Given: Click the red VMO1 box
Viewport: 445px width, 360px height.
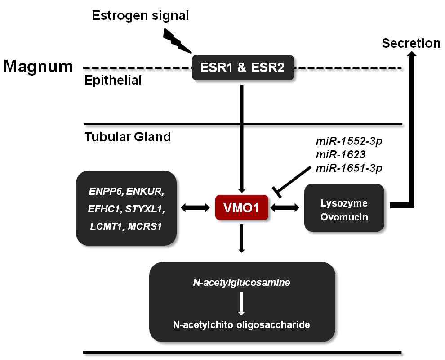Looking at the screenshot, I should [x=242, y=208].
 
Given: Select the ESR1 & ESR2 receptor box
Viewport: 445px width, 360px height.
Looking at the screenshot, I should [x=243, y=68].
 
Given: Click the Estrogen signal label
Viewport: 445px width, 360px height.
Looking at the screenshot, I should [x=140, y=16].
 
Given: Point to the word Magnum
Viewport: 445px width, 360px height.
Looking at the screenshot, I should [x=38, y=67].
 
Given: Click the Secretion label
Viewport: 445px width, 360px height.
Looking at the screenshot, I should [x=411, y=43].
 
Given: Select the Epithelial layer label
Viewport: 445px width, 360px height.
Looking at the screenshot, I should [x=113, y=81].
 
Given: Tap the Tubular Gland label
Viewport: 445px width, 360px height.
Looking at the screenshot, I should [x=128, y=136].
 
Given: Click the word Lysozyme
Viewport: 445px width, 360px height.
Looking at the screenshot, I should [x=344, y=202].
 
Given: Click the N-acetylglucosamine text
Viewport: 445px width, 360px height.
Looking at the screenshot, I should [x=242, y=283].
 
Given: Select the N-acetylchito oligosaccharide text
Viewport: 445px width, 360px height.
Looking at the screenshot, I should [x=241, y=324].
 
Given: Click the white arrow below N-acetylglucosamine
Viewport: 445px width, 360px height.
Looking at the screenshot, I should [x=242, y=304].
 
